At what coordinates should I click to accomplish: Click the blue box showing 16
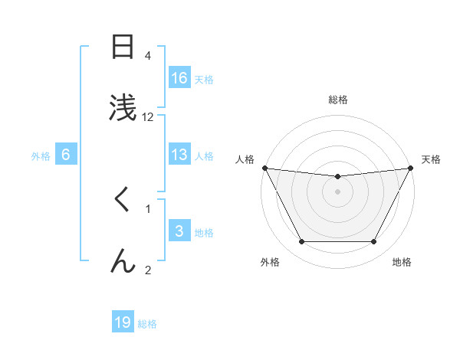pyautogui.click(x=179, y=77)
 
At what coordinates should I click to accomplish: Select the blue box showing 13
pyautogui.click(x=179, y=155)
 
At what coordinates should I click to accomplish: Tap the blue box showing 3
pyautogui.click(x=179, y=231)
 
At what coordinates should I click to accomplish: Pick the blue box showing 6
pyautogui.click(x=66, y=155)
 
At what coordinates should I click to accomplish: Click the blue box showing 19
pyautogui.click(x=123, y=322)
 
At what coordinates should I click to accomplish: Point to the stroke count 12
pyautogui.click(x=148, y=117)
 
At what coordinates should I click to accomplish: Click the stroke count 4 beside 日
pyautogui.click(x=148, y=56)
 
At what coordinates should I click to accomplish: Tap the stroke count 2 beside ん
pyautogui.click(x=148, y=270)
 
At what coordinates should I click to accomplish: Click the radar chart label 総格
pyautogui.click(x=337, y=100)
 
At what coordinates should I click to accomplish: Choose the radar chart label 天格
pyautogui.click(x=431, y=159)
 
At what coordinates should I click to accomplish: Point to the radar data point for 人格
pyautogui.click(x=264, y=168)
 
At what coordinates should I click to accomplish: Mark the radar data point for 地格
pyautogui.click(x=374, y=242)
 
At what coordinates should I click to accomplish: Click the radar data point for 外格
pyautogui.click(x=301, y=242)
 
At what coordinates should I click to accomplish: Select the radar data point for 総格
pyautogui.click(x=337, y=177)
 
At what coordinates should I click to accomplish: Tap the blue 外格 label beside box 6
pyautogui.click(x=41, y=155)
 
